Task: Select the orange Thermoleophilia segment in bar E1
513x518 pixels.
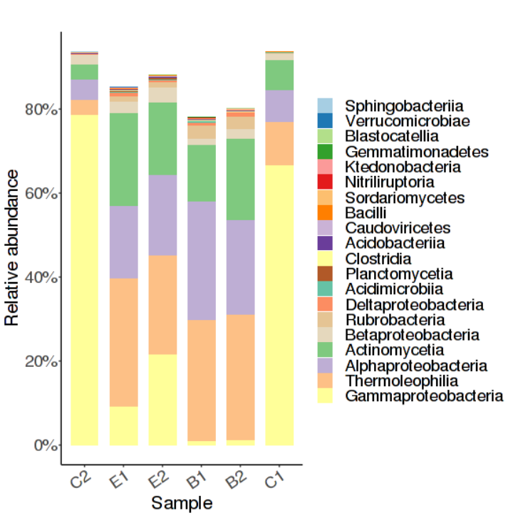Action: pos(123,342)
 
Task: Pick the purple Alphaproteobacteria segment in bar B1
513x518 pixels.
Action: pos(201,261)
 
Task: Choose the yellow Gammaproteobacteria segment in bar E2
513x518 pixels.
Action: pos(162,399)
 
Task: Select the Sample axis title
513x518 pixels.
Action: pos(182,503)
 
